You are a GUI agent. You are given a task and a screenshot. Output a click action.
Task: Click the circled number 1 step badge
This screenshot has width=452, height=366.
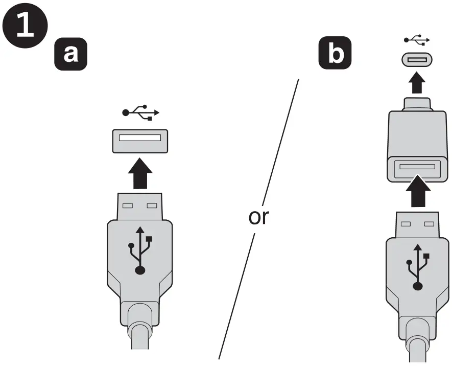coord(25,25)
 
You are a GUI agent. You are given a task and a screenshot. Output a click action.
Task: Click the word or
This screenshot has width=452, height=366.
coord(258,217)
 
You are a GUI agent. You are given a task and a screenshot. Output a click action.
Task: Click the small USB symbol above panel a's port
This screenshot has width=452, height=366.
coord(140,112)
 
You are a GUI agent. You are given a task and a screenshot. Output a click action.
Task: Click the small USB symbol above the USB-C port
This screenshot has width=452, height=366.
coord(417,39)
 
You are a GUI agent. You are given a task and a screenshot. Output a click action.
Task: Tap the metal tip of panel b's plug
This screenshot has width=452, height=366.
coord(418,225)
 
